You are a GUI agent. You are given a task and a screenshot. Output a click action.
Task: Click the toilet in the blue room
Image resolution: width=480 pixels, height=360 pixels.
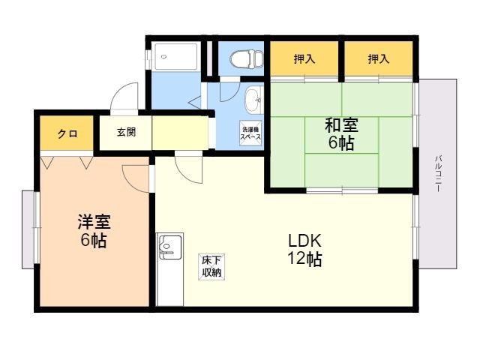point(247,58)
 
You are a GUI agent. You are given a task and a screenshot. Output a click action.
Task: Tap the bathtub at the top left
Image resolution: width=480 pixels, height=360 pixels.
point(176,57)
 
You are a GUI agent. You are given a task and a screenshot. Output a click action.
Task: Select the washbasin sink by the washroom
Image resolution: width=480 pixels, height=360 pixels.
point(254,99)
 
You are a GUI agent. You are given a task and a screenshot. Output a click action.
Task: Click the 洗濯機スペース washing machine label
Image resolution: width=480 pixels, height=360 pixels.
point(250,133)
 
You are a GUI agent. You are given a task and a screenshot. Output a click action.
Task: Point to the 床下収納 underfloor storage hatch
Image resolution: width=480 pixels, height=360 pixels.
point(211,267)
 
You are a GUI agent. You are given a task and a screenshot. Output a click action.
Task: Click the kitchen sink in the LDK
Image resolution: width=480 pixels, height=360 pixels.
point(169,247)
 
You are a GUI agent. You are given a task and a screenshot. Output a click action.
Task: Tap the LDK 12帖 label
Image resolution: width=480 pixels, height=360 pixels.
point(304,250)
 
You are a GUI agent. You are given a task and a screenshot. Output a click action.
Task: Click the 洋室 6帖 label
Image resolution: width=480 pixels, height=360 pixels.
point(94,230)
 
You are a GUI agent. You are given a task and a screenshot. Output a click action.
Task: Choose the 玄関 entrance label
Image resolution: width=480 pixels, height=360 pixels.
point(126,132)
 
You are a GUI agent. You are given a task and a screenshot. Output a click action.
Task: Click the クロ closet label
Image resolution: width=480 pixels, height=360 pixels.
point(67,133)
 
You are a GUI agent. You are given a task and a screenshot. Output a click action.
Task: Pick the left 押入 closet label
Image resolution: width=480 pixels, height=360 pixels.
point(304,58)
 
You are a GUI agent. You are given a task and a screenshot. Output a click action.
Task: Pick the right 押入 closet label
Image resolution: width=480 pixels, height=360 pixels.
point(379,58)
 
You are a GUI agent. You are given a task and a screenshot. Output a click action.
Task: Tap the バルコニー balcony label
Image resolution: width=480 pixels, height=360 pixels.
point(438,173)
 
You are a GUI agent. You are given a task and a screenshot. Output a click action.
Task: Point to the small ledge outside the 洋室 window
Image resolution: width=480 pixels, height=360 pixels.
point(28,230)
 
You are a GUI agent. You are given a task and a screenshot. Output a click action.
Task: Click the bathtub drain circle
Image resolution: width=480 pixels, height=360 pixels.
point(163,57)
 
